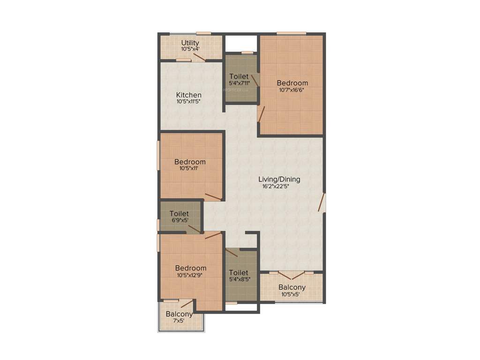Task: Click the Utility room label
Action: tap(190, 43)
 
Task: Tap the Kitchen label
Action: tap(189, 95)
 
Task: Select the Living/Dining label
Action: tap(279, 179)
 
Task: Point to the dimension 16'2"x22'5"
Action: tap(279, 186)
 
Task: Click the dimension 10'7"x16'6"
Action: tap(292, 90)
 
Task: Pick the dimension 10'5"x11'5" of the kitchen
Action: tap(189, 101)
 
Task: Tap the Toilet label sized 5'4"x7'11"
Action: tap(239, 76)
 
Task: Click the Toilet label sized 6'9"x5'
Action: tap(179, 214)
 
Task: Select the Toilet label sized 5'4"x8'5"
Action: tap(239, 272)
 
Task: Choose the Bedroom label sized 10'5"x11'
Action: tap(190, 162)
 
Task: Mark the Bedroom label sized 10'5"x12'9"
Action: tap(191, 268)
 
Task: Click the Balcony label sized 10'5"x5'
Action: tap(292, 287)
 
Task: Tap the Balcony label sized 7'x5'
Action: tap(179, 314)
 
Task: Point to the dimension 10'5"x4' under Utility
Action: tap(190, 49)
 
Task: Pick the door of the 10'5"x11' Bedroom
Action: tap(213, 197)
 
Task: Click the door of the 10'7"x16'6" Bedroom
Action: tap(261, 114)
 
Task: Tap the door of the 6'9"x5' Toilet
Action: tap(194, 229)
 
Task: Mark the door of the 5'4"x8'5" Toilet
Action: tap(232, 253)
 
